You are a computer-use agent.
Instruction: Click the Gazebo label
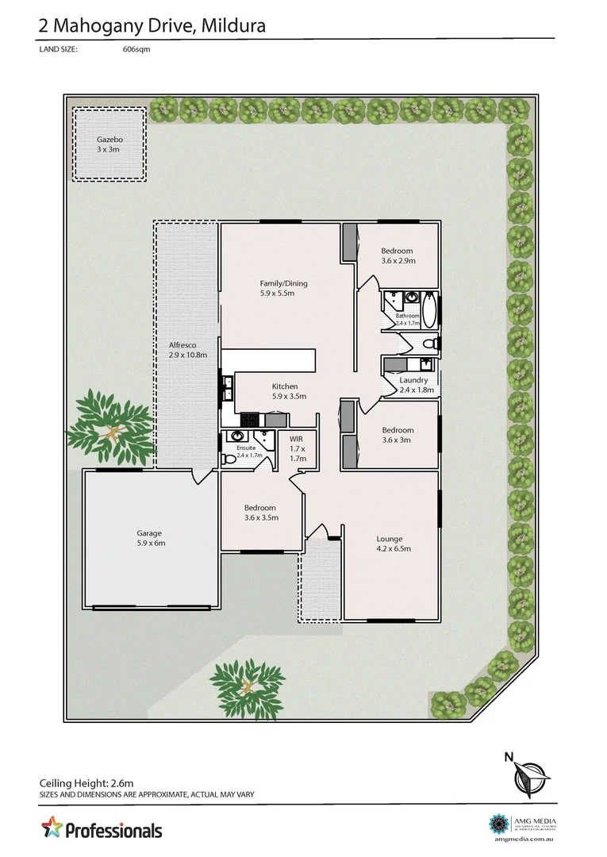coord(109,139)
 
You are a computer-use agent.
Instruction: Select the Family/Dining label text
coord(283,283)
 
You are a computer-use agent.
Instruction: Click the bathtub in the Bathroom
coord(428,310)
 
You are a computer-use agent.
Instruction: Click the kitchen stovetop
coord(249,419)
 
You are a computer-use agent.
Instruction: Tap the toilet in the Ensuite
coord(235,436)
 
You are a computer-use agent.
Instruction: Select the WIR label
coord(297,438)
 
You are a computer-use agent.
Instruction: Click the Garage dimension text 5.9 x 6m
coord(149,544)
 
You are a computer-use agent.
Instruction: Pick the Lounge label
coord(390,539)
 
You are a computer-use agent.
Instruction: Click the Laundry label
coord(413,380)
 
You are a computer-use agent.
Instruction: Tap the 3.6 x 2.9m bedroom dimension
coord(398,260)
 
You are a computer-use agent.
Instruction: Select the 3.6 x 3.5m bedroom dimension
coord(260,518)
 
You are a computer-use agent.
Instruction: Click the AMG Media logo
coord(500,823)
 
